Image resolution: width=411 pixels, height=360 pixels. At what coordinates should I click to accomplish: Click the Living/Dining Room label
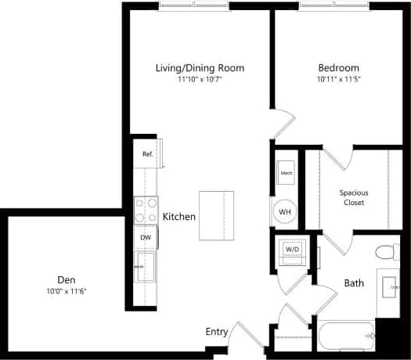200,68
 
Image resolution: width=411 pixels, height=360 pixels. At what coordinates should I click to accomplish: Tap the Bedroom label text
338,68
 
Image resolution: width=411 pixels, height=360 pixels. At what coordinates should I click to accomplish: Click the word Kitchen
178,217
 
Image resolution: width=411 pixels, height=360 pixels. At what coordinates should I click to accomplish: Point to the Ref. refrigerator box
146,154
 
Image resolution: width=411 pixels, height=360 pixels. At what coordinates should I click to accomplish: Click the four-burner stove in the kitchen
146,209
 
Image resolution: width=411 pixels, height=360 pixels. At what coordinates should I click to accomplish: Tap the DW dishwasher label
146,237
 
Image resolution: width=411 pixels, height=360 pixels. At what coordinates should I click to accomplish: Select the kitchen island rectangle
218,215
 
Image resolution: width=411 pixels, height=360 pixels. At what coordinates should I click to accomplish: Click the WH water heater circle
285,211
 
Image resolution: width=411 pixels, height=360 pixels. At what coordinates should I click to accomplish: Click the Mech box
287,172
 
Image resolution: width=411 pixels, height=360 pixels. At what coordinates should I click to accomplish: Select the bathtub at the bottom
347,337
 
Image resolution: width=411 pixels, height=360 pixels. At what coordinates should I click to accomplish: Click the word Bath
353,283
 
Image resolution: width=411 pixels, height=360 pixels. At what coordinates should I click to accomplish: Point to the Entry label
217,332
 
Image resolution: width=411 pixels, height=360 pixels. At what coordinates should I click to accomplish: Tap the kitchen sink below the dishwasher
146,265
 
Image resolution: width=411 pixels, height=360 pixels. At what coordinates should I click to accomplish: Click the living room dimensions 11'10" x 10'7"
200,79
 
